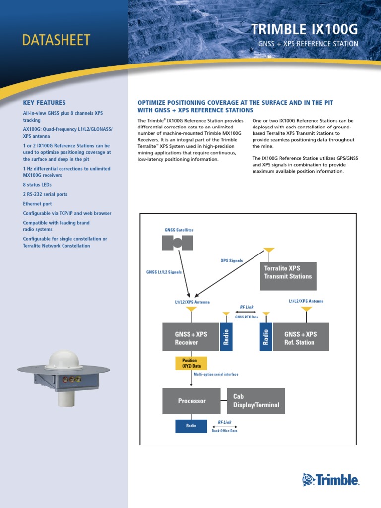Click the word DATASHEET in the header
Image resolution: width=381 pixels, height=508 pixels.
click(x=56, y=40)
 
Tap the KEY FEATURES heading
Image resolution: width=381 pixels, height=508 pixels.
click(x=44, y=103)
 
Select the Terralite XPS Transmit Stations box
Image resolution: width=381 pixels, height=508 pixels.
click(x=288, y=276)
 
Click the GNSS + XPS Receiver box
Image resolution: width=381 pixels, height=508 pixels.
click(x=191, y=337)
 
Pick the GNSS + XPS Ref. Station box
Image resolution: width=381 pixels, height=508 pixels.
click(x=300, y=337)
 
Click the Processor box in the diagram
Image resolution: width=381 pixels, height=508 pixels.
click(x=191, y=401)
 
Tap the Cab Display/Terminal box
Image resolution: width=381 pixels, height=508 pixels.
click(x=256, y=401)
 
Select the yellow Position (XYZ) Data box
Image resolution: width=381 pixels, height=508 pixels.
click(x=191, y=363)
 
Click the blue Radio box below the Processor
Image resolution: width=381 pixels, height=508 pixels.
click(x=191, y=426)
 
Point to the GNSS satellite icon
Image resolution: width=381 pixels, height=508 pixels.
click(x=177, y=243)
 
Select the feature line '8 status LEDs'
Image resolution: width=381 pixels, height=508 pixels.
click(x=37, y=185)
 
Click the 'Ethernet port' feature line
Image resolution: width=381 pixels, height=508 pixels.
click(x=37, y=204)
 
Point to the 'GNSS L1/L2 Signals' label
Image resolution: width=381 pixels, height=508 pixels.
click(x=164, y=272)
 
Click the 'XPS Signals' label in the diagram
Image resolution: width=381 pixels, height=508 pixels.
click(x=232, y=260)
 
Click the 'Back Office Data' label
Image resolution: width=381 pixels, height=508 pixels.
click(x=225, y=431)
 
